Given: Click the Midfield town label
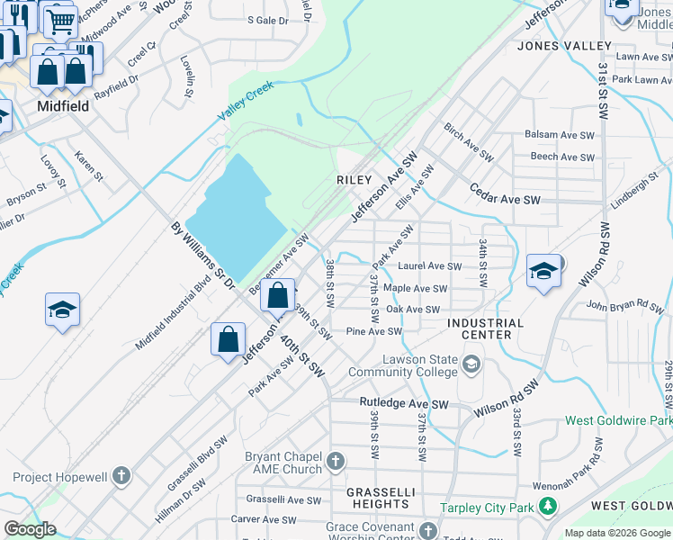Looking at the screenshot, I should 63,105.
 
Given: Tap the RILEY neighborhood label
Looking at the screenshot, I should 354,180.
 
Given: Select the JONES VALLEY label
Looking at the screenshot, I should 564,46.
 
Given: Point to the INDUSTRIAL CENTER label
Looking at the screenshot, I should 485,328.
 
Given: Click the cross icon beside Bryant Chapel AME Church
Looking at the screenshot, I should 335,463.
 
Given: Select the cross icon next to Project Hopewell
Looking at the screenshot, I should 121,476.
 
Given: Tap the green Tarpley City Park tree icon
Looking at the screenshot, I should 547,508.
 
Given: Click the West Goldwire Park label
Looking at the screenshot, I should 618,420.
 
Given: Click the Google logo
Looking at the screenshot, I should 30,528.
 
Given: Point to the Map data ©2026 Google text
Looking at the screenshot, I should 616,533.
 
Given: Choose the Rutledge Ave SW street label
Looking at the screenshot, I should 404,403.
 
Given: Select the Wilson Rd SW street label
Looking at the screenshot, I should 506,399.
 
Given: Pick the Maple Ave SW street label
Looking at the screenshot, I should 415,289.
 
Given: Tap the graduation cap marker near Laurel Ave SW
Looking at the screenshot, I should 544,270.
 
